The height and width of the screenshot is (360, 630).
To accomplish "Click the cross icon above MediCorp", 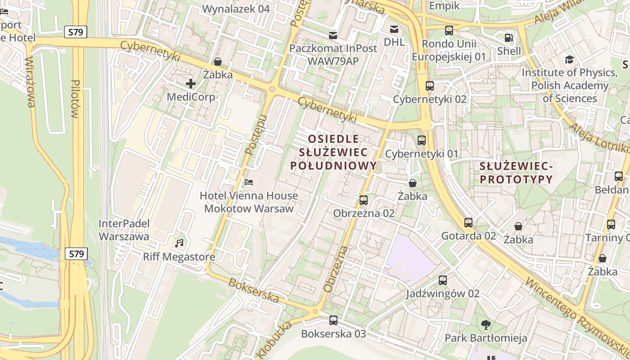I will (x=191, y=84).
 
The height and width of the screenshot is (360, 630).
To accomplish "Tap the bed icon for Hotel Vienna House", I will (x=248, y=182).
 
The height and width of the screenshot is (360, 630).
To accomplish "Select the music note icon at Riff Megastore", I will (x=179, y=243).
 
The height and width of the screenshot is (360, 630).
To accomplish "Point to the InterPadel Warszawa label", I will (x=124, y=230).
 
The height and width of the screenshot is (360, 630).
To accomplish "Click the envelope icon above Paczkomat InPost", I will (x=333, y=35).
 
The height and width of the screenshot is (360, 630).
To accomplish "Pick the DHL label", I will (x=394, y=42).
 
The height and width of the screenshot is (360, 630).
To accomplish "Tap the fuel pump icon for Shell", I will (x=508, y=38).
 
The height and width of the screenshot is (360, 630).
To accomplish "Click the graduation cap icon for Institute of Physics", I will (x=569, y=59).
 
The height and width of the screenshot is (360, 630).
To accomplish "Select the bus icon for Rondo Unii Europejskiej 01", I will (x=449, y=31).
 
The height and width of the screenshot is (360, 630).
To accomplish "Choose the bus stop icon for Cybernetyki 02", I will (x=430, y=86).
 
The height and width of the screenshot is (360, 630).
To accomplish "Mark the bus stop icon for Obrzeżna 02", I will (x=364, y=200).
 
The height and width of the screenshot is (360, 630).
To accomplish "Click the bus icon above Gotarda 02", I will (x=468, y=222).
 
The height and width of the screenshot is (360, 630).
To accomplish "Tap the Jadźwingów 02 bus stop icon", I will (x=443, y=280).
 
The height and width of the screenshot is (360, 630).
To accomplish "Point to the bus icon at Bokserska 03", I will (x=333, y=320).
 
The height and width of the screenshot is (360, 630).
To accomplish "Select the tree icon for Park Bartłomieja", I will (x=486, y=324).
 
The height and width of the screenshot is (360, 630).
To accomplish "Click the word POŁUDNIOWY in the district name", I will (x=333, y=166).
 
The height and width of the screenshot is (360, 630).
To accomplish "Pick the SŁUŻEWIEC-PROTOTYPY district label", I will (x=516, y=173).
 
